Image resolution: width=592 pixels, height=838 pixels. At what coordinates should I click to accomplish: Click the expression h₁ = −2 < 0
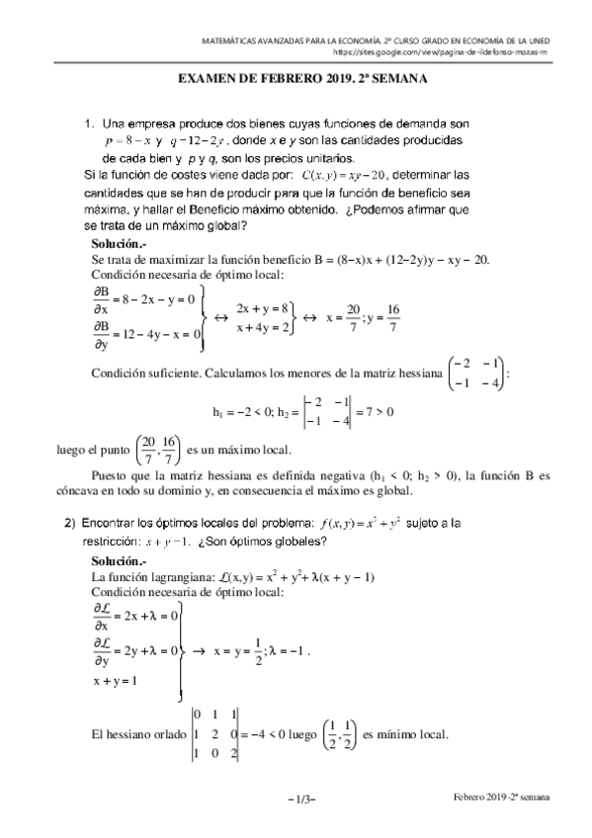click(241, 411)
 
